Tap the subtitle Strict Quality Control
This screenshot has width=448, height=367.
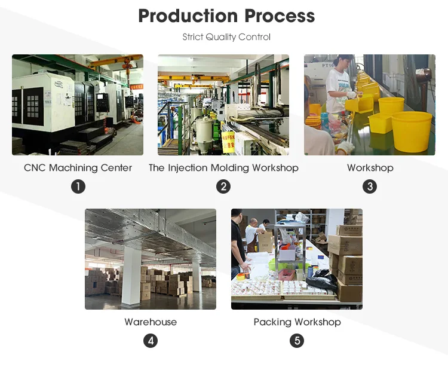click(x=226, y=37)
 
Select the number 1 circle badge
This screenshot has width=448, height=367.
click(x=78, y=186)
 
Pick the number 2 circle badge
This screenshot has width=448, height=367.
click(x=223, y=186)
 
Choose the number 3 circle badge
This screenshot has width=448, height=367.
click(x=370, y=186)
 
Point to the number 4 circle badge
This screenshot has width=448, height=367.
click(x=151, y=341)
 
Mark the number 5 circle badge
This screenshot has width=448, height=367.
click(x=297, y=341)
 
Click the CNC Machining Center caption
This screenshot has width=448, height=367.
click(x=78, y=168)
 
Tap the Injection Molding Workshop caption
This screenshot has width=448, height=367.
click(x=223, y=168)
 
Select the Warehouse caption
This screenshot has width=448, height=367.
click(x=151, y=322)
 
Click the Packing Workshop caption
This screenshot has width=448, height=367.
click(x=297, y=322)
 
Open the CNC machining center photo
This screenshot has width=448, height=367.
click(x=78, y=105)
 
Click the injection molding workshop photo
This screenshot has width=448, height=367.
click(x=223, y=105)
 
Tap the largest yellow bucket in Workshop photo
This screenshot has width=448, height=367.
click(x=412, y=130)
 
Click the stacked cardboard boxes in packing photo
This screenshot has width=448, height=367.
click(x=347, y=257)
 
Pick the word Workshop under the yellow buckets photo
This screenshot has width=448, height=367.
click(x=370, y=168)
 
